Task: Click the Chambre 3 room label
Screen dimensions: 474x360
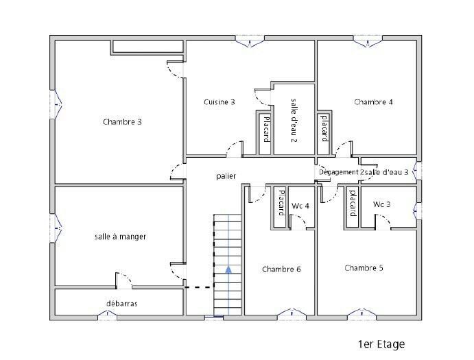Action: pyautogui.click(x=122, y=122)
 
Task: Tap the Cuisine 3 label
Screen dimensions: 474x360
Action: pyautogui.click(x=219, y=102)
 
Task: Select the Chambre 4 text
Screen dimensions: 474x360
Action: pyautogui.click(x=373, y=102)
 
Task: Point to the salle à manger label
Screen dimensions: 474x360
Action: pyautogui.click(x=120, y=237)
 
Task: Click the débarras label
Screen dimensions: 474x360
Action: pyautogui.click(x=122, y=303)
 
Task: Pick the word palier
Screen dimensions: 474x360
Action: pyautogui.click(x=226, y=176)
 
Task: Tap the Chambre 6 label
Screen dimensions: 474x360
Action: pyautogui.click(x=281, y=269)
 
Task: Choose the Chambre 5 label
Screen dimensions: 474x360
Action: pyautogui.click(x=364, y=268)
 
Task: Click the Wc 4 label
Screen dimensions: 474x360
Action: pyautogui.click(x=300, y=206)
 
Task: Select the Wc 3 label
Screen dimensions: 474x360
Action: pyautogui.click(x=381, y=204)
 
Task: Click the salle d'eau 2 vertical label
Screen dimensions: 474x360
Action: pyautogui.click(x=294, y=120)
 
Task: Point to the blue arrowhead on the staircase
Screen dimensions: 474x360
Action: pyautogui.click(x=228, y=269)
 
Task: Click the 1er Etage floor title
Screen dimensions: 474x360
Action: pyautogui.click(x=381, y=344)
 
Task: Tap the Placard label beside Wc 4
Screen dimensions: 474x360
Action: pyautogui.click(x=281, y=202)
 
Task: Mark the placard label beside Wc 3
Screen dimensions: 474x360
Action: pyautogui.click(x=353, y=203)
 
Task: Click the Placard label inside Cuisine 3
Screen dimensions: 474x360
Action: pyautogui.click(x=266, y=130)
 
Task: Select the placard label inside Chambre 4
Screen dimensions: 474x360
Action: pyautogui.click(x=324, y=128)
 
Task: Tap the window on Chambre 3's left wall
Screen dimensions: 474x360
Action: pyautogui.click(x=56, y=105)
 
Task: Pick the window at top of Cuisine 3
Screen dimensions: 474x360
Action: pyautogui.click(x=250, y=41)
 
